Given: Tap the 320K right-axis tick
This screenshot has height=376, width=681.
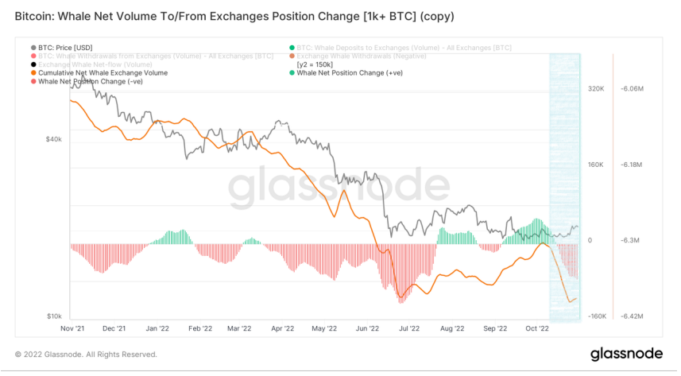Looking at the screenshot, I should coord(597,89).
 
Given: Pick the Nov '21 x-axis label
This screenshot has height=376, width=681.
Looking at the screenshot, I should coord(72,327).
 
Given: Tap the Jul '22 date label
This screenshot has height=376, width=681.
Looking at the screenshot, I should coord(409,327).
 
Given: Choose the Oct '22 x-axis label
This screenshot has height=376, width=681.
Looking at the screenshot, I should coord(538,327).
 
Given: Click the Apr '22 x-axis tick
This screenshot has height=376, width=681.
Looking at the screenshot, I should coord(284,327).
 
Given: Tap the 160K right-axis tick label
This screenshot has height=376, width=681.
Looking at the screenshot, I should coord(597,165).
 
